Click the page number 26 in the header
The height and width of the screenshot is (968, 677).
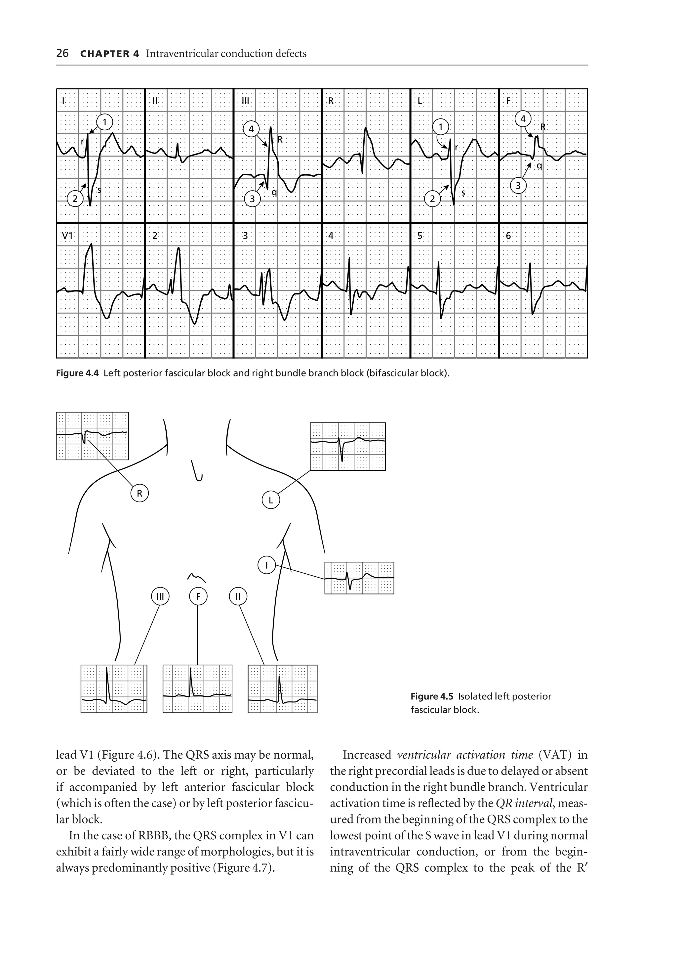pyautogui.click(x=62, y=53)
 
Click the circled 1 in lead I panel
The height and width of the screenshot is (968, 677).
pyautogui.click(x=104, y=122)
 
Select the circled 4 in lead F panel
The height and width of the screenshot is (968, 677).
pyautogui.click(x=523, y=119)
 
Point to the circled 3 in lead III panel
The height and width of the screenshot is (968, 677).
pyautogui.click(x=252, y=198)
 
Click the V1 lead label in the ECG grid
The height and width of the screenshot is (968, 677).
pyautogui.click(x=67, y=236)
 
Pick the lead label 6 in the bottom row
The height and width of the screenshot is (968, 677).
pyautogui.click(x=508, y=236)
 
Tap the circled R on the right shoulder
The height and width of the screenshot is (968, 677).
pyautogui.click(x=139, y=493)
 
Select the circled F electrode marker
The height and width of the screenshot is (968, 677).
pyautogui.click(x=198, y=596)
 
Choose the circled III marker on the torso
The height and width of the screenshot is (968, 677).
pyautogui.click(x=160, y=596)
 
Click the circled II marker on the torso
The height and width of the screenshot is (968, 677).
pyautogui.click(x=238, y=596)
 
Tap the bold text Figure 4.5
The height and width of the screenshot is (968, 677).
pyautogui.click(x=431, y=696)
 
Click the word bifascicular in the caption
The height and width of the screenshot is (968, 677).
pyautogui.click(x=391, y=373)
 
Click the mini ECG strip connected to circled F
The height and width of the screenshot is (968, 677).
pyautogui.click(x=197, y=689)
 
